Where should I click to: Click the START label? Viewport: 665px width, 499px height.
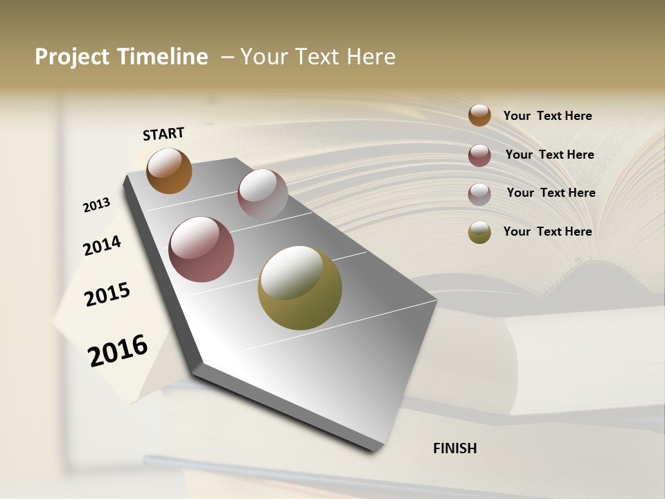pos(163,134)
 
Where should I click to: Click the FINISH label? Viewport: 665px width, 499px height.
pos(454,448)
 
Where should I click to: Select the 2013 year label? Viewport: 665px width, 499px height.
pos(97,205)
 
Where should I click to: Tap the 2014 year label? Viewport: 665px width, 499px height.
pos(103,245)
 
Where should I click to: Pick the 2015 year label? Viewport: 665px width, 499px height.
pos(107,295)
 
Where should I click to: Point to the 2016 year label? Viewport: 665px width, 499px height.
pos(118,350)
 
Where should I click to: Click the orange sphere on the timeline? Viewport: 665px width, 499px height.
pos(169,171)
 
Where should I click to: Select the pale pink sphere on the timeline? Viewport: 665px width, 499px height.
pos(263,194)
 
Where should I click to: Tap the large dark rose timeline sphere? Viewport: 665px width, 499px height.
pos(202,249)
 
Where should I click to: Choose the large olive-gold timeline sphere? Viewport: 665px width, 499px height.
pos(300,288)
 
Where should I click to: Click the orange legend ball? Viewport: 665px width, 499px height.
pos(479,116)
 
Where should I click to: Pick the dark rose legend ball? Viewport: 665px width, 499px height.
pos(479,155)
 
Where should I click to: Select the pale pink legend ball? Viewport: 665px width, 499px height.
pos(479,194)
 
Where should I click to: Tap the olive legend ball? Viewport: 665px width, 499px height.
pos(479,232)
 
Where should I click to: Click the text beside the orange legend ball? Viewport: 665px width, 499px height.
pos(547,116)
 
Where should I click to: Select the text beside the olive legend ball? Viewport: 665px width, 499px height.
pos(547,231)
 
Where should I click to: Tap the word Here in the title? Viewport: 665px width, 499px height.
pos(371,57)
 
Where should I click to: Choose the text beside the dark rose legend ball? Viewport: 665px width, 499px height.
pos(549,155)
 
